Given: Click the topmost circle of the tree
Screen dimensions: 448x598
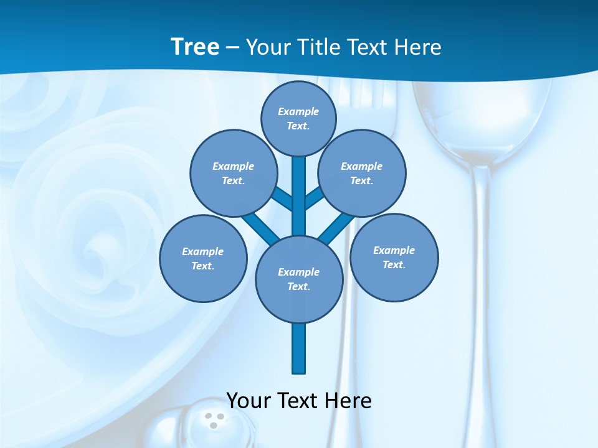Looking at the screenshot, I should coord(298,118).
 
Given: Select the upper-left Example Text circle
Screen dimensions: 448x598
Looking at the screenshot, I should coord(233,173).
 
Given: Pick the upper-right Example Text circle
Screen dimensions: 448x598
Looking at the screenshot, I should coord(361,173).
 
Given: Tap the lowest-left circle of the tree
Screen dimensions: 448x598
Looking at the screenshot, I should coord(203,258).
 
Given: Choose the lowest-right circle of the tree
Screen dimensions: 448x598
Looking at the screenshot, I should coord(394,257).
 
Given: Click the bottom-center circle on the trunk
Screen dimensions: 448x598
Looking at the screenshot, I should coord(299,279).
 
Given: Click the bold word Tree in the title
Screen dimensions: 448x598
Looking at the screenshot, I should coord(195,47).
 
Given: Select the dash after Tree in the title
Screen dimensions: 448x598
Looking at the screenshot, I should coord(232,47).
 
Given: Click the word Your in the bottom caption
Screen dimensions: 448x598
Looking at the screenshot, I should coord(249,400).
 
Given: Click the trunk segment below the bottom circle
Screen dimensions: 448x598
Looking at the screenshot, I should coord(299,348).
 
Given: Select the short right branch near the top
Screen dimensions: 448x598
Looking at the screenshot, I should coord(313,198).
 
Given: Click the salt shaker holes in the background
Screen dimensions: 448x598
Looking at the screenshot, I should coord(214,420).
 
